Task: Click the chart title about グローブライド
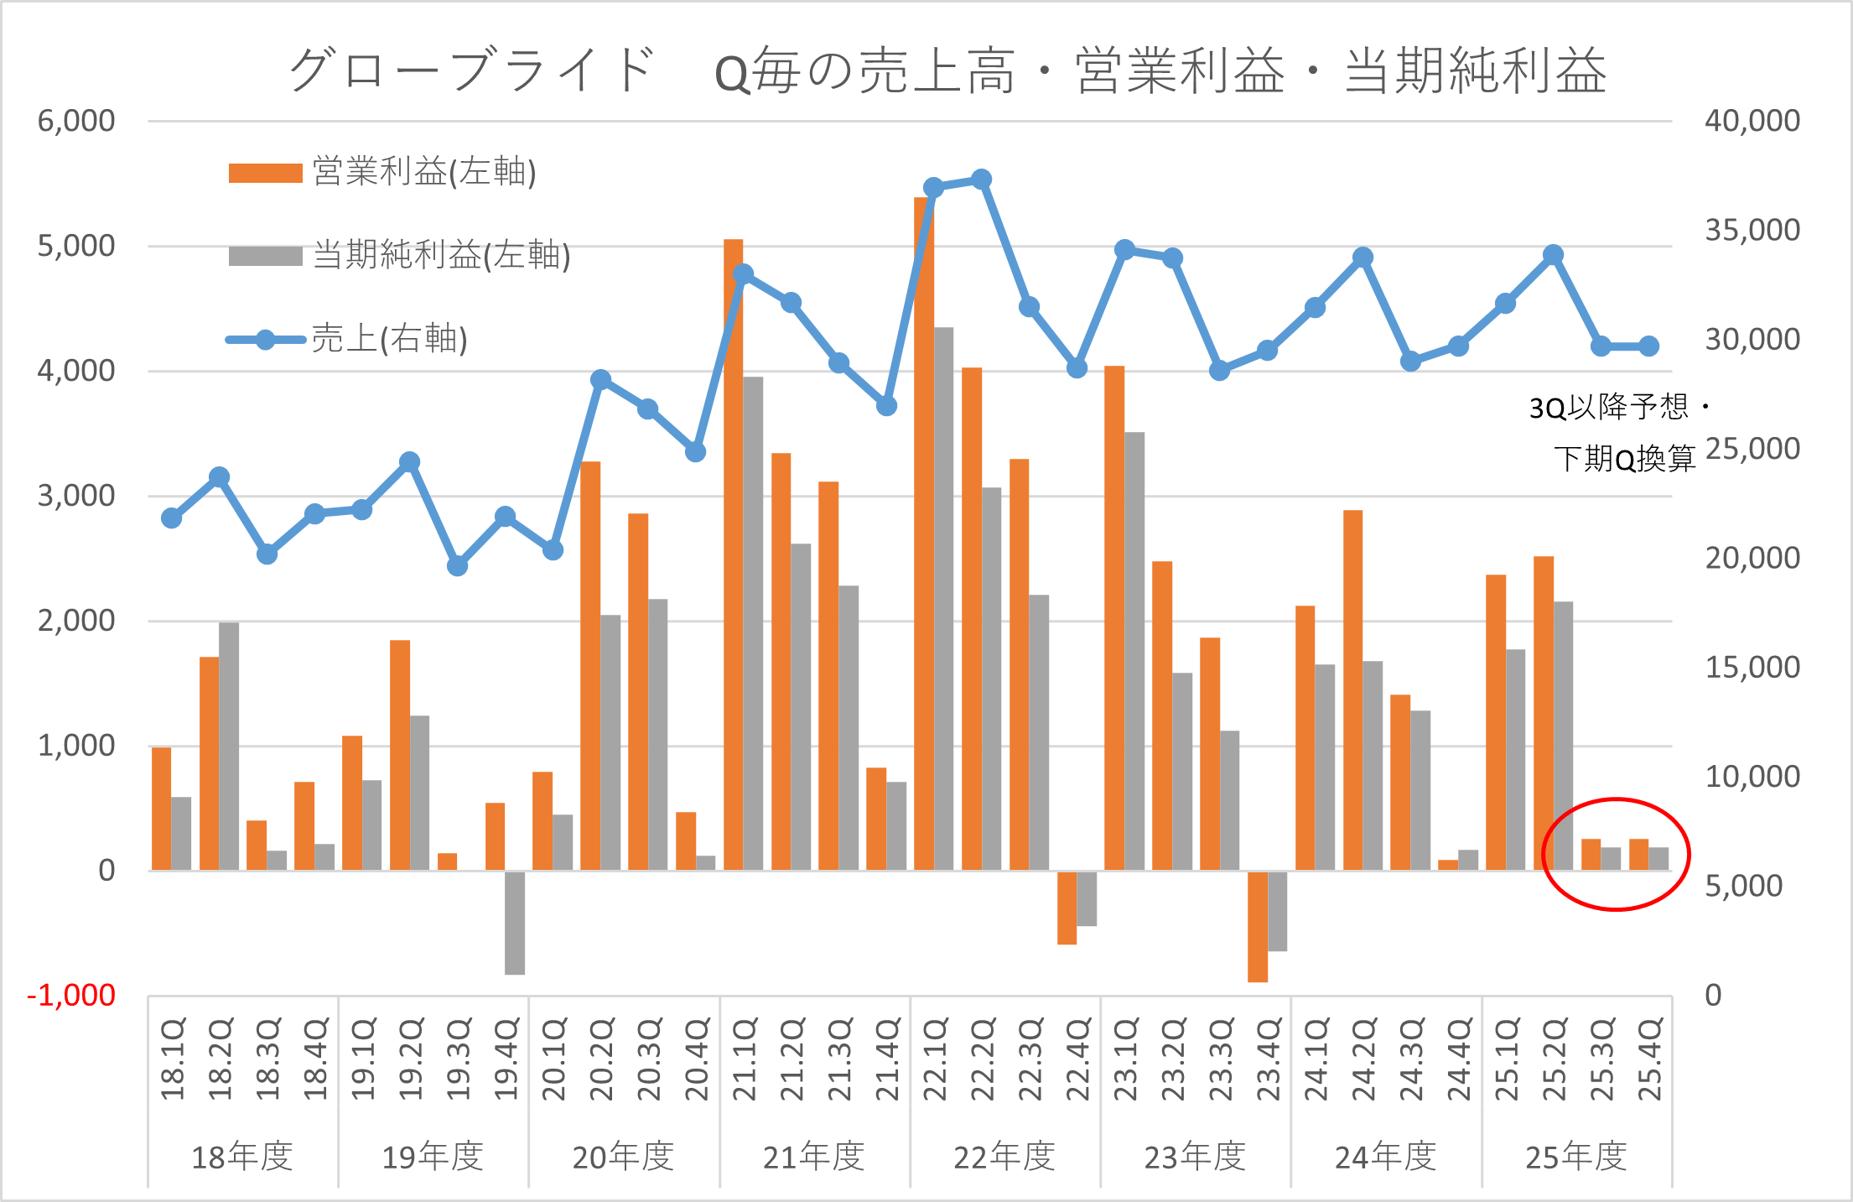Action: click(947, 70)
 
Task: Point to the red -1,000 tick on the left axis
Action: click(72, 996)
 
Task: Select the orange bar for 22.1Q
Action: click(923, 537)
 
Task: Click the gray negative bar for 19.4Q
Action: click(515, 923)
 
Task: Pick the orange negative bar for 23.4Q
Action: click(1257, 927)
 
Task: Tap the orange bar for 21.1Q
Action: click(733, 554)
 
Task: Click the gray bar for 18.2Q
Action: click(229, 747)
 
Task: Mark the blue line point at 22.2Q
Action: click(982, 180)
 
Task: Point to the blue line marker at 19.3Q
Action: click(457, 566)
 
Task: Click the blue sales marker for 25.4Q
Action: click(1648, 346)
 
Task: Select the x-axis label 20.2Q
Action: click(601, 1059)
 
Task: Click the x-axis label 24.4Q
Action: click(1459, 1059)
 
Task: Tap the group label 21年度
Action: click(813, 1158)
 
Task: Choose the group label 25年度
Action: click(1575, 1158)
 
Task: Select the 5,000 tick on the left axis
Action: click(76, 247)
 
